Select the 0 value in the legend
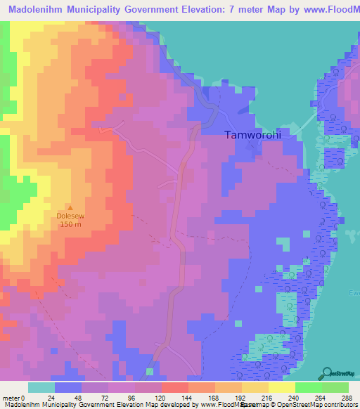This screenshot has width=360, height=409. tap(25, 398)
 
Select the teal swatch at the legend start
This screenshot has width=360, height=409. tap(41, 387)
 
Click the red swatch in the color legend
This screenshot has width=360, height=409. tap(175, 387)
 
